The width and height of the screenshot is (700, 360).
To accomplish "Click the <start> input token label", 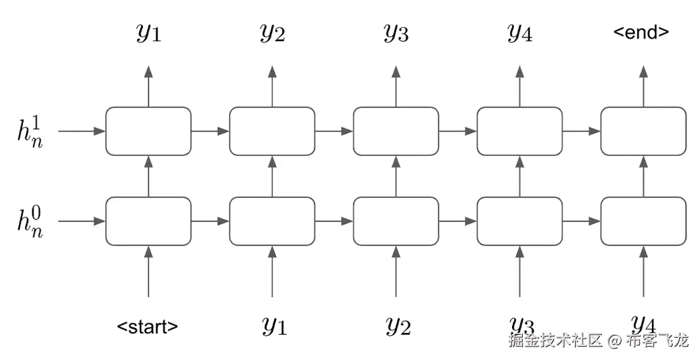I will (x=147, y=327).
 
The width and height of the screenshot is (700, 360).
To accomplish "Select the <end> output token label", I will (x=642, y=32).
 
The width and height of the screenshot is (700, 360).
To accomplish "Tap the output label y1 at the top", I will (x=149, y=34).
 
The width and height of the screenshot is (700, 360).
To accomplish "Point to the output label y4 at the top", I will (x=520, y=34).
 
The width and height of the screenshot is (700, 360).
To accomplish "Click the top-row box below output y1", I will (x=148, y=131).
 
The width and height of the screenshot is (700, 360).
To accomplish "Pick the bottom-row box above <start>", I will (x=148, y=221).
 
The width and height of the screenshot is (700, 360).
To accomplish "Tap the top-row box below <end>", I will (x=643, y=131).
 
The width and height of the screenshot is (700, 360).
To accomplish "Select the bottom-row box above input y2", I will (x=396, y=221).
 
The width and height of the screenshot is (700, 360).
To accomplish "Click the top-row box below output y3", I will (x=396, y=131).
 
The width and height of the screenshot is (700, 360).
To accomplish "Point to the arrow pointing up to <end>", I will (x=643, y=85).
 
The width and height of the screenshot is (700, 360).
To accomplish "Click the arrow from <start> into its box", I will (x=148, y=272).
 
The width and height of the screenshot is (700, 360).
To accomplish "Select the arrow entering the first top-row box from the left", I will (x=81, y=131).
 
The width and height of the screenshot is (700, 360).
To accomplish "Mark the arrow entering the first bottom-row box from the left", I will (x=81, y=221).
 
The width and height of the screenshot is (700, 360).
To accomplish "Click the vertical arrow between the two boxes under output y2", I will (x=272, y=176).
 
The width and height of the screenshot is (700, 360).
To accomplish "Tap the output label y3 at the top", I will (x=396, y=34).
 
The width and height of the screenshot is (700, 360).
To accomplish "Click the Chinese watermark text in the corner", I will (x=597, y=342).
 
